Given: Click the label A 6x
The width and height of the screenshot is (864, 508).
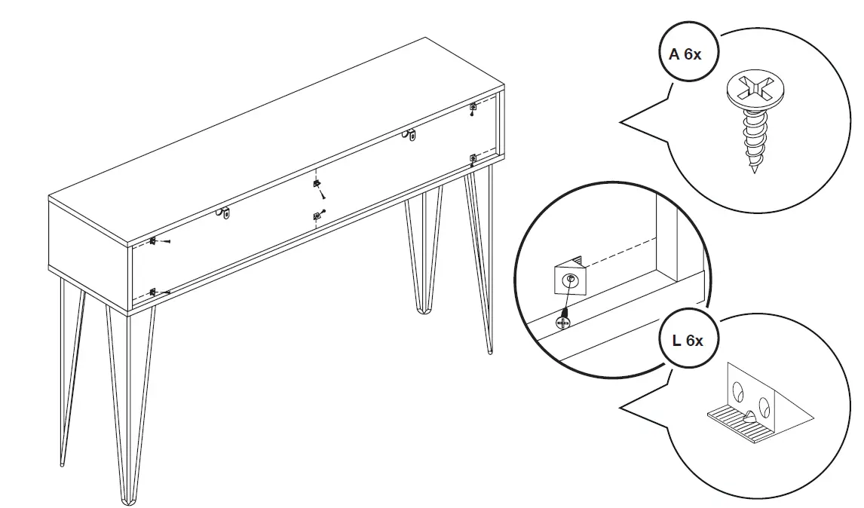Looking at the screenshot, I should [x=685, y=54].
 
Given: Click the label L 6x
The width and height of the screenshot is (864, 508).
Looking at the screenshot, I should [x=687, y=341].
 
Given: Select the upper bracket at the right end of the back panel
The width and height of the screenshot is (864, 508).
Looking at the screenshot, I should [x=473, y=106].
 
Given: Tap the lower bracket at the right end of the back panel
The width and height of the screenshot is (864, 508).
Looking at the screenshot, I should [x=473, y=158].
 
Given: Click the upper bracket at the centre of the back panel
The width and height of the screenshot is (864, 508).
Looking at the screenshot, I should [x=317, y=183].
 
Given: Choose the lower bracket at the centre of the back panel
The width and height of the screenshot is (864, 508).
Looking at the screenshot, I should [x=317, y=217].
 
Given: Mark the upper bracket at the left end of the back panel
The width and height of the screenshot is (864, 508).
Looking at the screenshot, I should [x=153, y=240].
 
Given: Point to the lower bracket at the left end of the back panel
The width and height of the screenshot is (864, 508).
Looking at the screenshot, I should [x=153, y=292].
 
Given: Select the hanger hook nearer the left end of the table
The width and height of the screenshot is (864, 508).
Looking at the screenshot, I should [x=225, y=214].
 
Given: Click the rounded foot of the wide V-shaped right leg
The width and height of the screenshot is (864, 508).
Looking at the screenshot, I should [x=422, y=307].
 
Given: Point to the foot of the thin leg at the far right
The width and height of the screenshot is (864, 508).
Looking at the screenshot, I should [x=490, y=350].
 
